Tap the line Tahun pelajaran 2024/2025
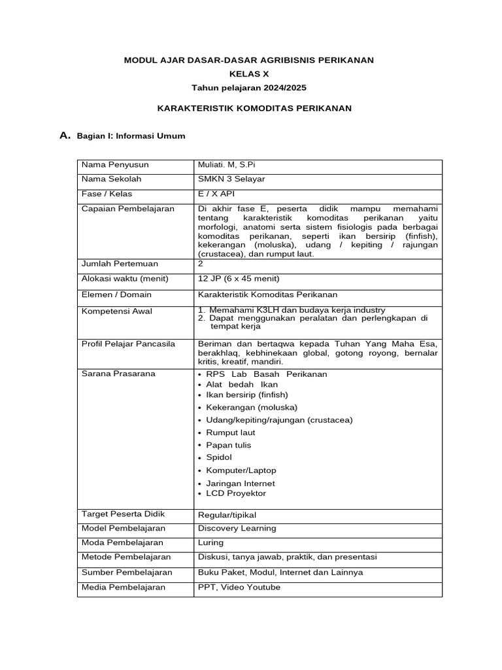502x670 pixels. pyautogui.click(x=248, y=87)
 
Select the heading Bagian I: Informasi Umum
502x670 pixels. pyautogui.click(x=131, y=136)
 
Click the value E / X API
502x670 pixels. pyautogui.click(x=216, y=194)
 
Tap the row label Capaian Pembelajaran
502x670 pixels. pyautogui.click(x=118, y=209)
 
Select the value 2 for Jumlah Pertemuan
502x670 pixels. pyautogui.click(x=201, y=264)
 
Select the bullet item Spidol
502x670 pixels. pyautogui.click(x=219, y=457)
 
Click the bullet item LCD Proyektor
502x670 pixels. pyautogui.click(x=236, y=493)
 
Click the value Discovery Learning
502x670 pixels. pyautogui.click(x=237, y=528)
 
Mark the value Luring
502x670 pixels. pyautogui.click(x=210, y=542)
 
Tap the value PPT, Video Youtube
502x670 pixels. pyautogui.click(x=239, y=587)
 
